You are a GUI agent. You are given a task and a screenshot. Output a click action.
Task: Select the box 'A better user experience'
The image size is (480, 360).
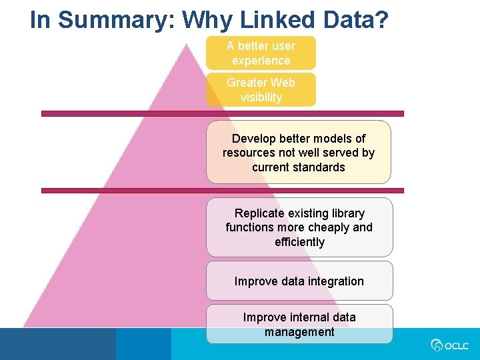261,53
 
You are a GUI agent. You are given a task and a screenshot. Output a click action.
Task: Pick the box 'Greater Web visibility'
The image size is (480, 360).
261,90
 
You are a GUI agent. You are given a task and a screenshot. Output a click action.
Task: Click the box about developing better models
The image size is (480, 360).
299,153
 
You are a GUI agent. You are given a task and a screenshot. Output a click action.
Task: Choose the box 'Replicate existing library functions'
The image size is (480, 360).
299,227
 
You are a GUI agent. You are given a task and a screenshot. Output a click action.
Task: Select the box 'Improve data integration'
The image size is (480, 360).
299,281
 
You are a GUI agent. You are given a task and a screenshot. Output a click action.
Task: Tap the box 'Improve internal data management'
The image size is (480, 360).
299,325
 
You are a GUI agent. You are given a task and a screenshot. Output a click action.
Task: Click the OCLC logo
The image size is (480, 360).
450,345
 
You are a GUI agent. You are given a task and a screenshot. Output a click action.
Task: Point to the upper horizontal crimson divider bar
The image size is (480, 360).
223,113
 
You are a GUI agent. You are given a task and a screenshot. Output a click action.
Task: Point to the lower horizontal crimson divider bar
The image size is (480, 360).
223,191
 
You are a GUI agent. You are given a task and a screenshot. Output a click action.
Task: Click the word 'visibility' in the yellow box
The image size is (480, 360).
261,97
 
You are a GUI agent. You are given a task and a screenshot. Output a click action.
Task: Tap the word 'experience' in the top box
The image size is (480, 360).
261,61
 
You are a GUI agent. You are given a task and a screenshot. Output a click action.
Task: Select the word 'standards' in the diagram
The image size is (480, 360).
299,167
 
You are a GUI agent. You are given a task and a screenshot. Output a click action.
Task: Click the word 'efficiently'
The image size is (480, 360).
299,242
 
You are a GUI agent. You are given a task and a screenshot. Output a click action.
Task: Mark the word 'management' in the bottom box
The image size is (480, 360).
299,332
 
